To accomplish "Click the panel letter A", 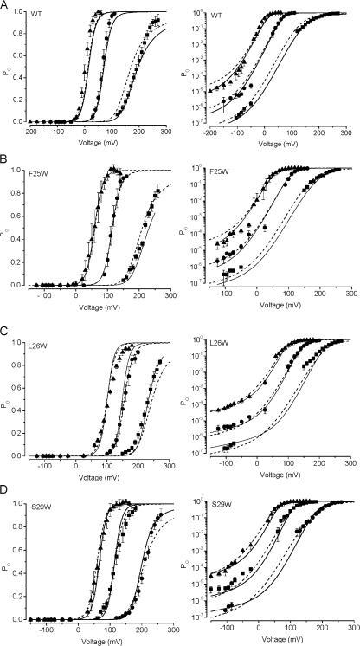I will click(x=5, y=5).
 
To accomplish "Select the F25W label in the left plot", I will click(x=41, y=171).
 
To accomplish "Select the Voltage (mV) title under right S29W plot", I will click(x=275, y=638).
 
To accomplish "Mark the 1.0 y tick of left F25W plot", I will click(x=19, y=170).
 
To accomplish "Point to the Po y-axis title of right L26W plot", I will click(x=183, y=398).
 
